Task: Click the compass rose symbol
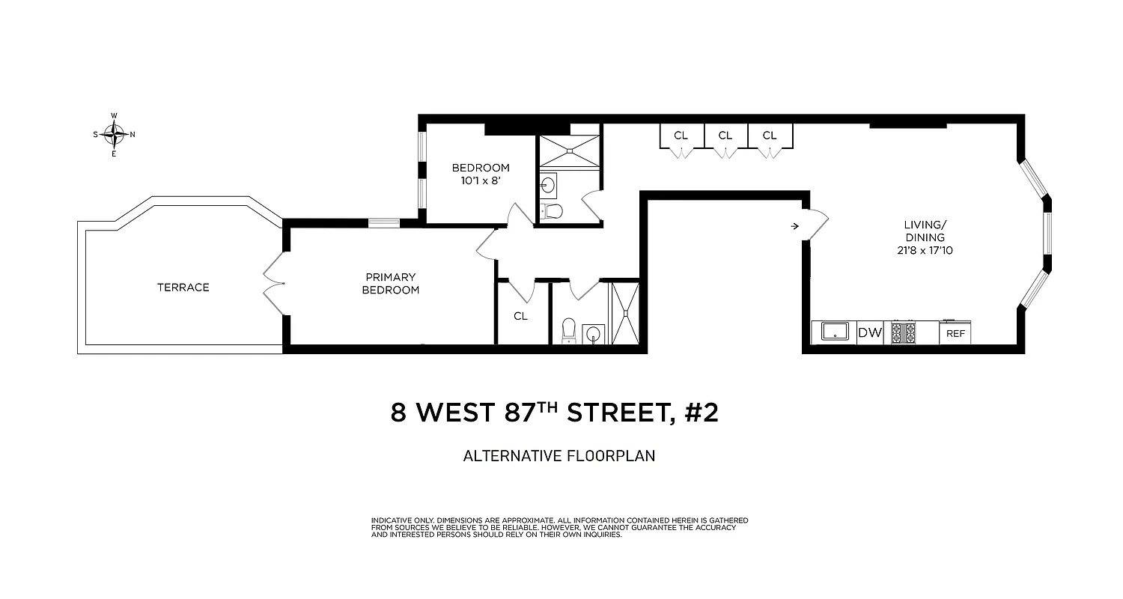click(x=114, y=135)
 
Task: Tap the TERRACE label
click(x=183, y=288)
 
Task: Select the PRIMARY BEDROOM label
click(x=391, y=284)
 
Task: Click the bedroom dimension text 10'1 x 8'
click(x=480, y=180)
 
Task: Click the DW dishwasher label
click(x=870, y=333)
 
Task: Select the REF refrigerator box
click(x=955, y=333)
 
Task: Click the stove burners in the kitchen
click(x=901, y=332)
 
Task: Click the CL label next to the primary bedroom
click(x=520, y=316)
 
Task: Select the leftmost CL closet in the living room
click(x=681, y=136)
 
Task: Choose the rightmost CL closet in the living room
click(x=770, y=136)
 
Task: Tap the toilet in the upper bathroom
click(x=553, y=210)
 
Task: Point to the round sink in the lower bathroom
click(x=593, y=332)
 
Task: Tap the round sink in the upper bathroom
click(x=548, y=183)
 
